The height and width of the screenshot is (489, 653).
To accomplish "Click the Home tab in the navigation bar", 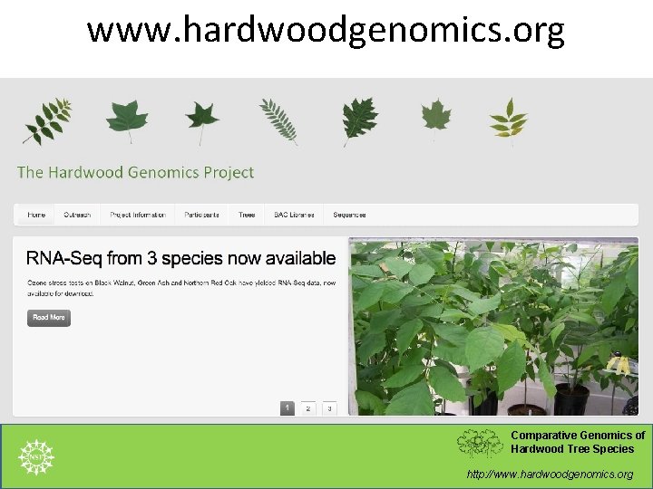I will coord(36,215).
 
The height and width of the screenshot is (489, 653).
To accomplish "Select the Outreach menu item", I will coord(77,215).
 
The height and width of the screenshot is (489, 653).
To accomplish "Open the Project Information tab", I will coord(138,215).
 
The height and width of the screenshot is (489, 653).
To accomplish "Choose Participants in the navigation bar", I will coord(201,215).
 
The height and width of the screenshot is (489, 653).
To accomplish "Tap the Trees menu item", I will coord(247,215).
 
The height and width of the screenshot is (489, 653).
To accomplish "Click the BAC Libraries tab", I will coord(294,215).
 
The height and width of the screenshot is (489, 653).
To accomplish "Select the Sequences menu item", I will coord(349,215).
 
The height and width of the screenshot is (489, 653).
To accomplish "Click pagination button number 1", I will coord(287,408).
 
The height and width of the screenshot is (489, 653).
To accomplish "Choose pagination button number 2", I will coord(308,408).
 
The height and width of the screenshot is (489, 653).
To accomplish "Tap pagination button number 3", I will coord(329,408).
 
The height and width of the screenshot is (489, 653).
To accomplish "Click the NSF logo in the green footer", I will coord(36,457).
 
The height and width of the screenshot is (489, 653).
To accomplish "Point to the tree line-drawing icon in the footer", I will coord(479,443).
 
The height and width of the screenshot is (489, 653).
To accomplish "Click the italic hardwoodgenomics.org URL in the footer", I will coord(550,474).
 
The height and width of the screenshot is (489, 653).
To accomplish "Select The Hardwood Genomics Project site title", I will coord(135,172).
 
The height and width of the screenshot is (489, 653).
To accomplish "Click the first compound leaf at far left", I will coord(45,121).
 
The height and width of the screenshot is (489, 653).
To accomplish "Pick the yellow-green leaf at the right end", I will coord(508,119).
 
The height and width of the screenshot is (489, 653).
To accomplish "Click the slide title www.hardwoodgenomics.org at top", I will coord(326,30).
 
